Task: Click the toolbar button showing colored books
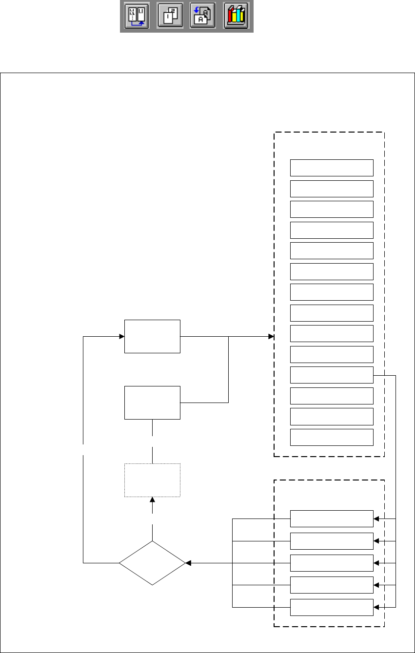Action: click(236, 16)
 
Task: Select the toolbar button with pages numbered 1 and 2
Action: click(170, 16)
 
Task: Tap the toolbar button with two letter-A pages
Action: click(203, 16)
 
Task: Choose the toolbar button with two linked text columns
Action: click(137, 16)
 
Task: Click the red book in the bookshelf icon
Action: click(230, 18)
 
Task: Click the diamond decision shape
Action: click(152, 563)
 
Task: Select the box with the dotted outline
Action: click(152, 480)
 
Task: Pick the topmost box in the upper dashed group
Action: click(332, 168)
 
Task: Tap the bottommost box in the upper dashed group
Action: click(332, 437)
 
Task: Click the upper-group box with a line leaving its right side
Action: click(332, 375)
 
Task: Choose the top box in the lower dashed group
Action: click(332, 519)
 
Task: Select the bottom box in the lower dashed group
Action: click(332, 608)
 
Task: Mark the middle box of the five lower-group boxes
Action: click(332, 563)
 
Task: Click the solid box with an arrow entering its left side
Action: click(152, 336)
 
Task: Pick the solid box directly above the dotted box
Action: click(152, 403)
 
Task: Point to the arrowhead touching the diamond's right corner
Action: click(188, 563)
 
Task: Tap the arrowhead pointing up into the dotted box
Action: click(153, 499)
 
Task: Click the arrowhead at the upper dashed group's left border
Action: click(271, 336)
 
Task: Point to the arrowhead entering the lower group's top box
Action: click(376, 519)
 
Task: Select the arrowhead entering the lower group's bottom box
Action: click(376, 608)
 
